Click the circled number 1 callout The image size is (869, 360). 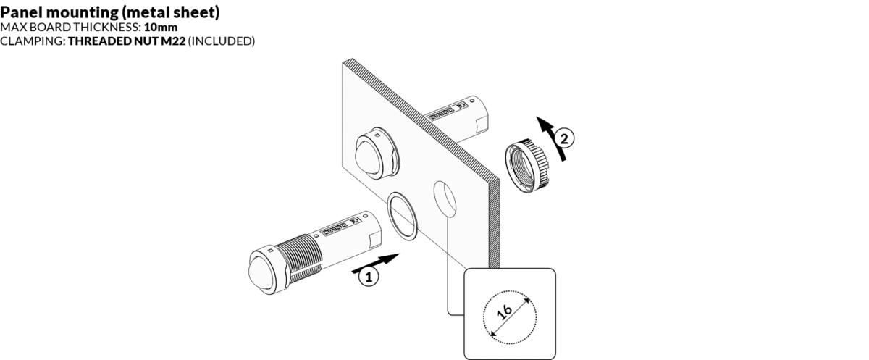point(369,276)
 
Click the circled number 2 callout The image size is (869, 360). point(567,135)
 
